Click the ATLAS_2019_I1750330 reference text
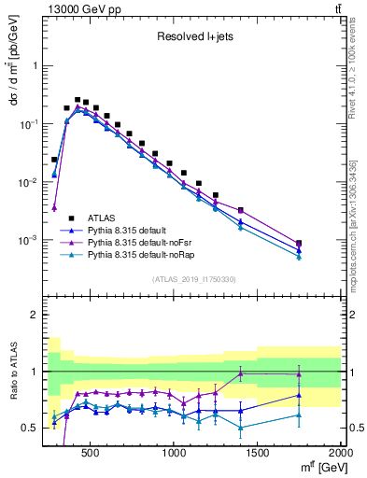[x=193, y=278]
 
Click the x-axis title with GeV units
[x=318, y=467]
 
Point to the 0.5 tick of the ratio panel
[x=32, y=428]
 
